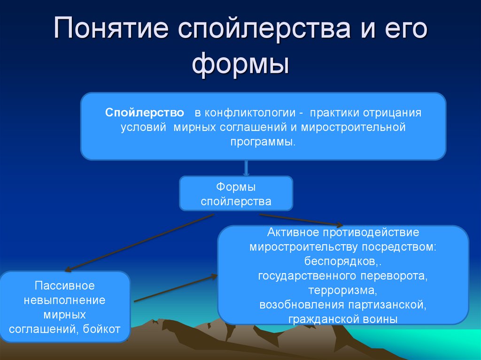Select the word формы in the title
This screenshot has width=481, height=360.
point(240,64)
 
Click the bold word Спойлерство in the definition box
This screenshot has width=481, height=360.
point(145,113)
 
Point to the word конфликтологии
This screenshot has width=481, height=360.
point(246,113)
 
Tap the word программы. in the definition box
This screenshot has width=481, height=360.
point(263,141)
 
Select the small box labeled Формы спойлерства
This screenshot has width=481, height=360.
point(236,194)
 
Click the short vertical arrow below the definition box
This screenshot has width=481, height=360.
point(246,168)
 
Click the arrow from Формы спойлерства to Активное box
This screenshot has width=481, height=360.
point(301,220)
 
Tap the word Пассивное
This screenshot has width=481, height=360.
point(65,285)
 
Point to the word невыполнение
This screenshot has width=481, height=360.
point(65,299)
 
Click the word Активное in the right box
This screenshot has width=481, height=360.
point(293,232)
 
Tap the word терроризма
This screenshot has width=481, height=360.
point(342,290)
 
